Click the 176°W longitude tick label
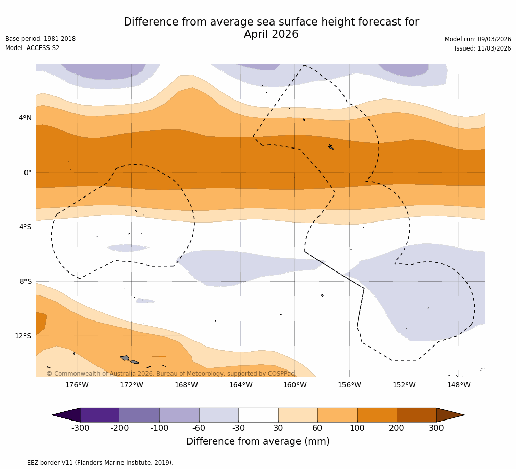(x=77, y=385)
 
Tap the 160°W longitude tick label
(x=294, y=385)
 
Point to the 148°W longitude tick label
(x=458, y=385)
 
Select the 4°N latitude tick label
(x=25, y=118)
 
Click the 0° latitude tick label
(x=28, y=172)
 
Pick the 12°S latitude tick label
(x=23, y=336)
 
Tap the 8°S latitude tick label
(x=26, y=281)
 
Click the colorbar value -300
(x=80, y=428)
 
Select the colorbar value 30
(x=278, y=428)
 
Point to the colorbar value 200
(x=397, y=428)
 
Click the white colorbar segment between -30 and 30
(x=258, y=415)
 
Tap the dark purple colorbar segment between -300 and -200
(x=100, y=415)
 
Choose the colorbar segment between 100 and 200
(x=377, y=415)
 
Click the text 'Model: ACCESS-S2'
(x=32, y=48)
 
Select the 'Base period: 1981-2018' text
(x=40, y=39)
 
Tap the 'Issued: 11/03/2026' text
(x=483, y=48)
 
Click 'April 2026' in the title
(x=271, y=35)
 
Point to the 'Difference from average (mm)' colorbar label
(x=258, y=441)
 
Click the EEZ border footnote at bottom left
(x=89, y=463)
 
